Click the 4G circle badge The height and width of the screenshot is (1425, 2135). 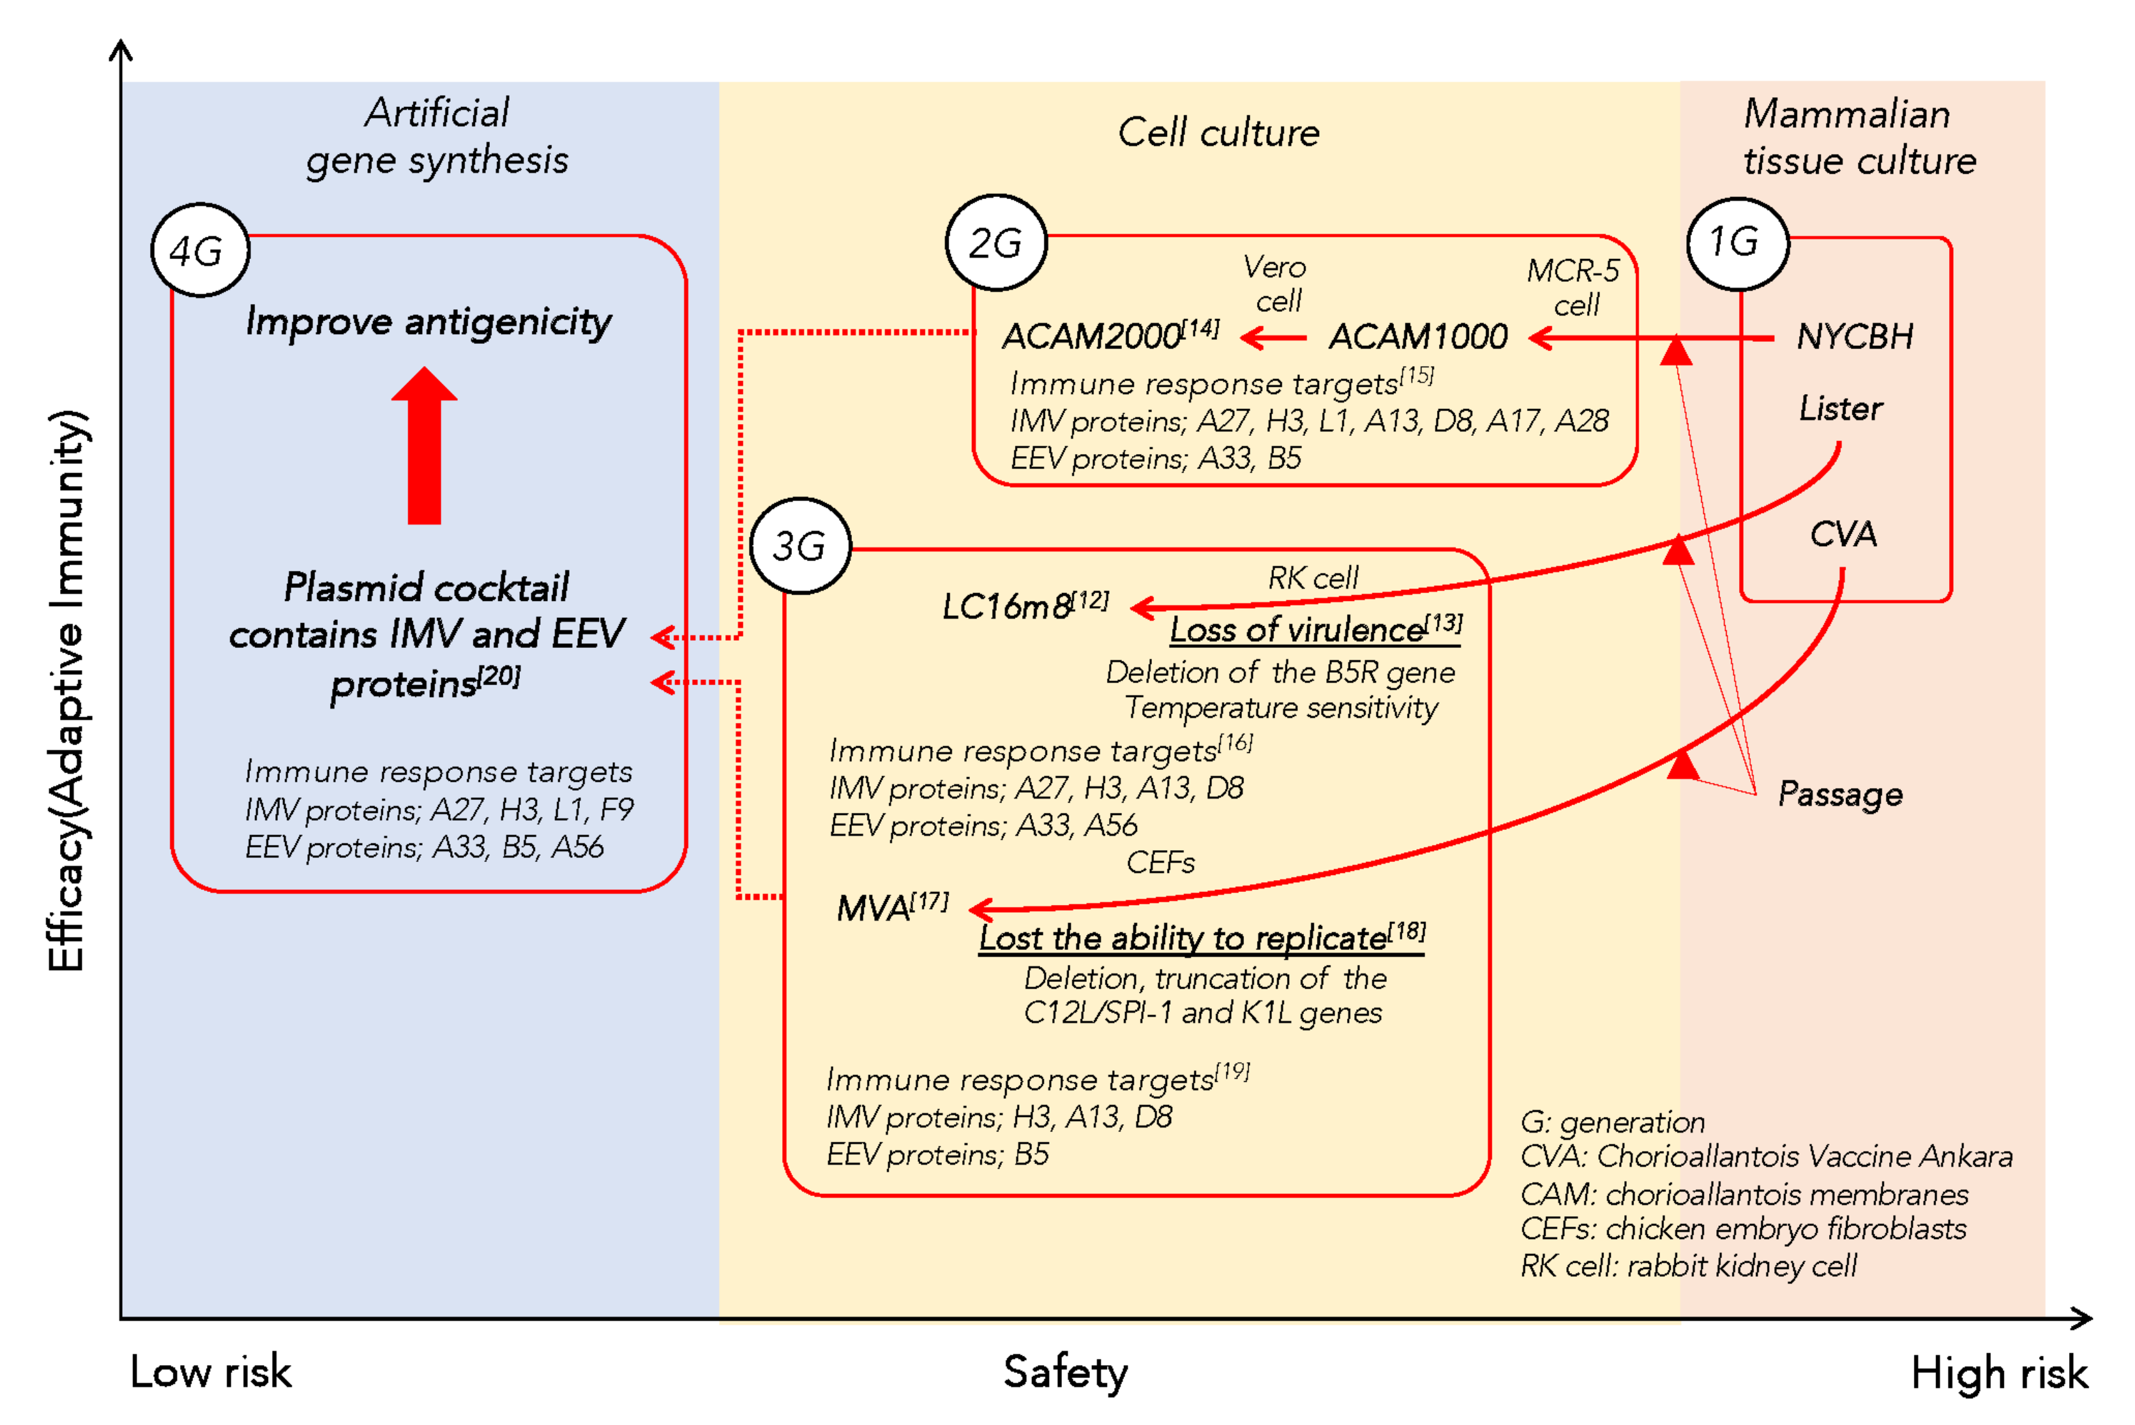tap(200, 250)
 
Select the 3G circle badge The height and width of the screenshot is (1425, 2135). tap(800, 545)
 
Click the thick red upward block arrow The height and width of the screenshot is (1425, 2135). tap(424, 445)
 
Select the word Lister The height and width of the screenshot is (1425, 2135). tap(1840, 409)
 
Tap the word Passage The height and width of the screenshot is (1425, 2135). tap(1840, 794)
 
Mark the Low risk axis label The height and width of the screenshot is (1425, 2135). tap(211, 1371)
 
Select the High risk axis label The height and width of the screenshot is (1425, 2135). tap(1999, 1372)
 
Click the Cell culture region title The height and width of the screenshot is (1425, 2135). tap(1217, 132)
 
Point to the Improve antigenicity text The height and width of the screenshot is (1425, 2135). tap(428, 322)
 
